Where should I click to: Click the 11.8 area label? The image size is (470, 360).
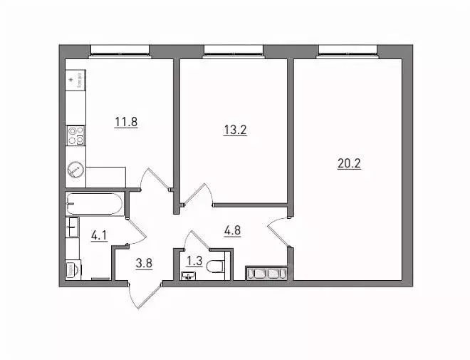[x=125, y=121]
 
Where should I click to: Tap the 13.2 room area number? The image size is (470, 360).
[x=235, y=130]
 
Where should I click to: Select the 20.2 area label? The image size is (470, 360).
[x=349, y=163]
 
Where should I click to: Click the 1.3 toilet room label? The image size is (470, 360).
[x=192, y=261]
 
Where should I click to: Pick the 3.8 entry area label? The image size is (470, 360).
[x=145, y=261]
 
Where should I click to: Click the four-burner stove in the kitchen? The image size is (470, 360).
[x=75, y=135]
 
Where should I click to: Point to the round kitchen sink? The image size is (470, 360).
[x=75, y=170]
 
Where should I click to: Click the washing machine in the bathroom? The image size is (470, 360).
[x=72, y=271]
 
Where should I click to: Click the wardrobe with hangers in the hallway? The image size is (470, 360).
[x=265, y=274]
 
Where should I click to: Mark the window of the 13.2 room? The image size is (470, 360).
[x=234, y=50]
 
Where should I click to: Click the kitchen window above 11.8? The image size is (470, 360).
[x=120, y=50]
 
